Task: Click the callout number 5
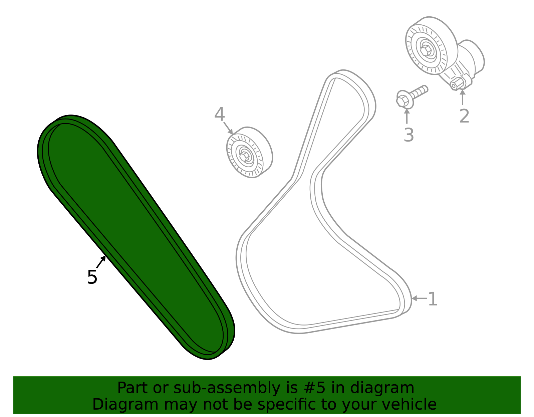point(92,277)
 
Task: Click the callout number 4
point(219,115)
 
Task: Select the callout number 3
point(409,135)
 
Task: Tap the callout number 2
point(464,116)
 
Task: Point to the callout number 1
point(433,299)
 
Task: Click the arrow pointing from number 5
point(101,262)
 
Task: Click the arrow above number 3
point(407,116)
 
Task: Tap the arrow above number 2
point(462,97)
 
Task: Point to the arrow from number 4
point(228,128)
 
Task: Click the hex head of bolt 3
point(404,100)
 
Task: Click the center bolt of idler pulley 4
point(245,155)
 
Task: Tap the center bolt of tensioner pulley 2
point(426,50)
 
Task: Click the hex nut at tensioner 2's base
point(457,83)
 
